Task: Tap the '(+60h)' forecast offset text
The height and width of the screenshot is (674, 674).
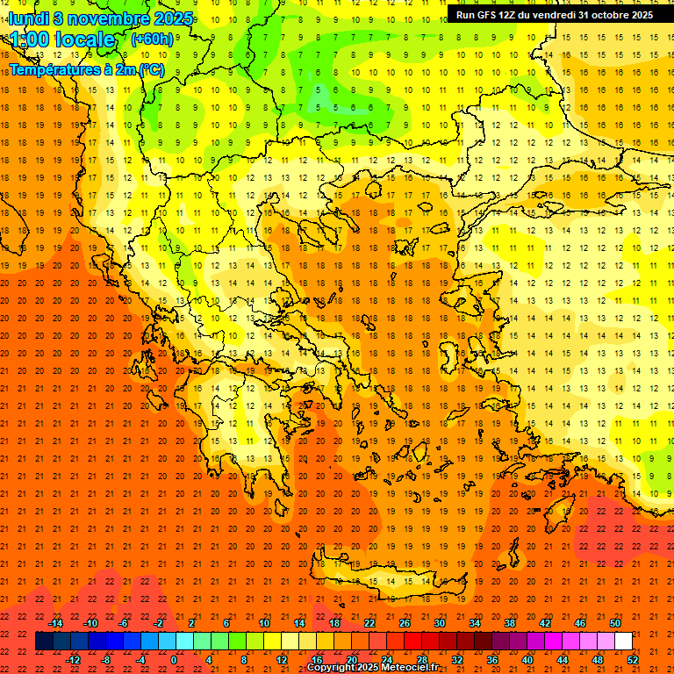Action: (152, 39)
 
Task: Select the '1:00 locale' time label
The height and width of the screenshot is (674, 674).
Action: (62, 40)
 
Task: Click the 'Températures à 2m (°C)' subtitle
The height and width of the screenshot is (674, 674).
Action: (86, 69)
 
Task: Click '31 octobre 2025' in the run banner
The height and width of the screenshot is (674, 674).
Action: (615, 15)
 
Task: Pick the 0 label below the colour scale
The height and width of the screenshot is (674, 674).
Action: (173, 659)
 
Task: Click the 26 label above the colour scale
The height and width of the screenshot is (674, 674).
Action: (405, 623)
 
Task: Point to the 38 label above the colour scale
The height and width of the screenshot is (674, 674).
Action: (510, 623)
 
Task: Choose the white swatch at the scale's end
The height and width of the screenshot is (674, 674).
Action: (623, 642)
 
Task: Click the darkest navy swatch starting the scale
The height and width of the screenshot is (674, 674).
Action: (44, 642)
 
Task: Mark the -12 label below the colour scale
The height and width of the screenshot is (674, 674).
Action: (73, 659)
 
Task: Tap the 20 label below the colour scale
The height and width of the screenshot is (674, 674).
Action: (352, 659)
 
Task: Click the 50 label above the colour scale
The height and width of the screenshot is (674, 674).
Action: (615, 623)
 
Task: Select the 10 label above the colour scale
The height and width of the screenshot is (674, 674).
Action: (264, 623)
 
